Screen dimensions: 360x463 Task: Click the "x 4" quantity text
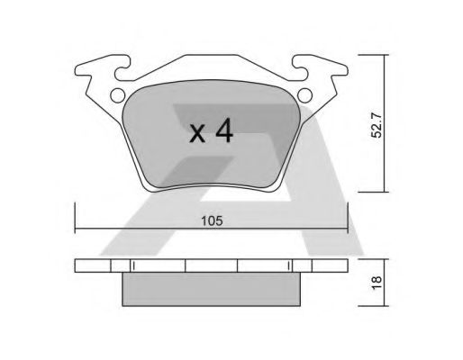tap(213, 132)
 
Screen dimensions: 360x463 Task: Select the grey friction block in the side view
tap(212, 289)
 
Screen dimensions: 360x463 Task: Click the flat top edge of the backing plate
tap(212, 57)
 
